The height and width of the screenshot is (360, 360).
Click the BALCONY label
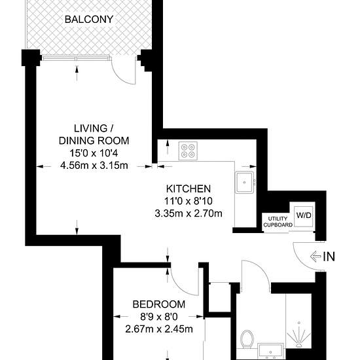pos(88,19)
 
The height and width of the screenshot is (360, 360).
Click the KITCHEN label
pos(188,189)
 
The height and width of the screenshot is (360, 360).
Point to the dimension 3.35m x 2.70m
pos(188,213)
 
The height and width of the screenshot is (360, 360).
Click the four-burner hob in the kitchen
pos(189,151)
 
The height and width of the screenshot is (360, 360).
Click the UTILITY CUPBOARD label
pos(278,220)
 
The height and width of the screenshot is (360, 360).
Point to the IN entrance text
pos(329,257)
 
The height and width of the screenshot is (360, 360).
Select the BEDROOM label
pos(158,304)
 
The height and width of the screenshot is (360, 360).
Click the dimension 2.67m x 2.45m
pos(158,329)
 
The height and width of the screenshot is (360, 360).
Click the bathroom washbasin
pos(269,351)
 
